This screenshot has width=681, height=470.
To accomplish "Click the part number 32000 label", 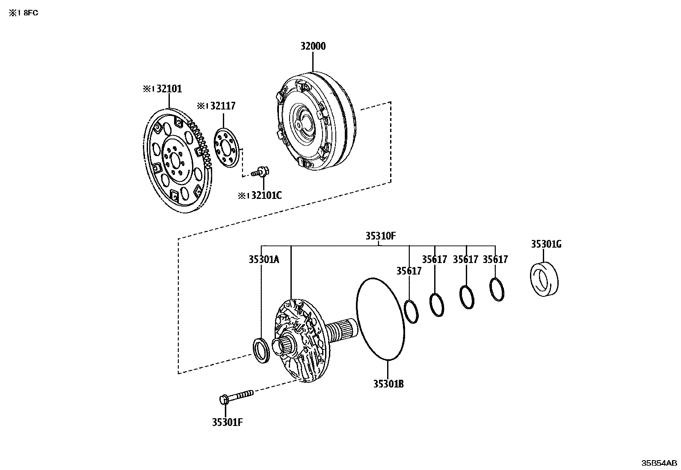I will pyautogui.click(x=312, y=46).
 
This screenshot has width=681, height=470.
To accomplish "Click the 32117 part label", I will pyautogui.click(x=221, y=106).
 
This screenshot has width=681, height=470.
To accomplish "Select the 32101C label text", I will pyautogui.click(x=265, y=195).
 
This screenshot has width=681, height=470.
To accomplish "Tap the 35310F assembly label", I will pyautogui.click(x=380, y=236).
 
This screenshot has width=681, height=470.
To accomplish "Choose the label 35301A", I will pyautogui.click(x=264, y=259).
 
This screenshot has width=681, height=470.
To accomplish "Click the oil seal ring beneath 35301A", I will pyautogui.click(x=261, y=350).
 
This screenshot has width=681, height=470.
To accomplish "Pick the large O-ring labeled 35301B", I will pyautogui.click(x=380, y=319).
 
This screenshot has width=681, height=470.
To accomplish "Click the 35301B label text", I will pyautogui.click(x=388, y=384).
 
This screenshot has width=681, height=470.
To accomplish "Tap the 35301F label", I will pyautogui.click(x=227, y=422).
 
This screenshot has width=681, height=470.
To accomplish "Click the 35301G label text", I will pyautogui.click(x=546, y=244).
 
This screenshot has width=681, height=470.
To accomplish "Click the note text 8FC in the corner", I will pyautogui.click(x=30, y=13).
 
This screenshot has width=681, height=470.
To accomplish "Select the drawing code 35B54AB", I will pyautogui.click(x=659, y=463).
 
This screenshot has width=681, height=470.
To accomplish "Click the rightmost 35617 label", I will pyautogui.click(x=495, y=259).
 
